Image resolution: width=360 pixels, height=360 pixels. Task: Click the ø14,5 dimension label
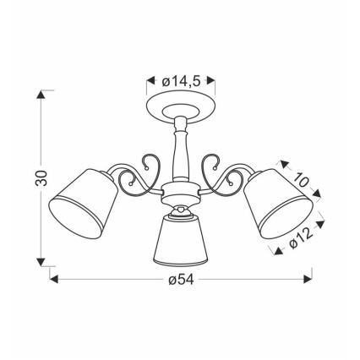coord(179,81)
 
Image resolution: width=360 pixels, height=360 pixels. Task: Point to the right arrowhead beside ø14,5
coord(212,81)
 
